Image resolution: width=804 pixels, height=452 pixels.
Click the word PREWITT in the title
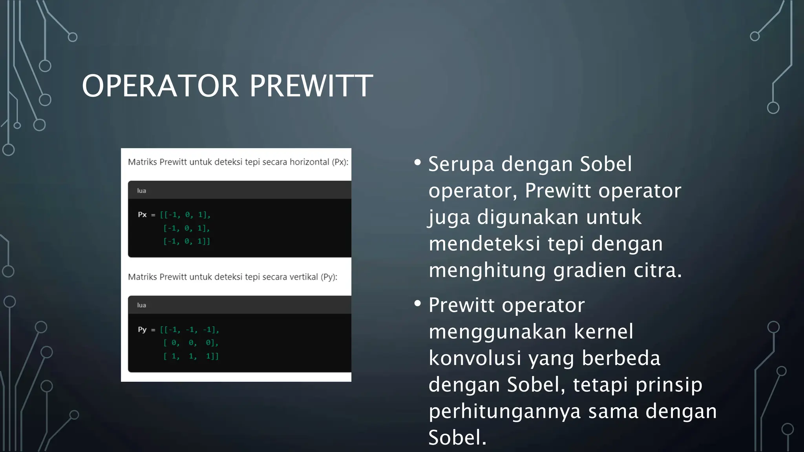tap(311, 86)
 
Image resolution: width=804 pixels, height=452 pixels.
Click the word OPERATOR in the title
tap(160, 86)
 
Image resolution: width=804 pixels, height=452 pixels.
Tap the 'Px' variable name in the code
tap(142, 215)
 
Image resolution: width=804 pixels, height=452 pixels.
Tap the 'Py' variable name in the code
tap(142, 330)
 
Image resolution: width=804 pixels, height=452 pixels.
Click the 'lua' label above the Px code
tap(141, 191)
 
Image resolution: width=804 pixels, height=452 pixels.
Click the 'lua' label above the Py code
tap(141, 305)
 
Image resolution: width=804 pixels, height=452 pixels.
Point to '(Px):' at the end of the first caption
tap(340, 162)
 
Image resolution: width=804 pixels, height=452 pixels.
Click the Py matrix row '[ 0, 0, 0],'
tap(191, 343)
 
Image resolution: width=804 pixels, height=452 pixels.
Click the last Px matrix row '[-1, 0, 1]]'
tap(187, 241)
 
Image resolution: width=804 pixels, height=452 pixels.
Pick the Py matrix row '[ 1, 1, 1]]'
tap(191, 356)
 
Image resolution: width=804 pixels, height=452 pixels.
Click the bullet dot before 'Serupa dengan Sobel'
tap(417, 162)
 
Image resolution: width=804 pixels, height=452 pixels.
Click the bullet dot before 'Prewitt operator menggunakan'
tap(417, 303)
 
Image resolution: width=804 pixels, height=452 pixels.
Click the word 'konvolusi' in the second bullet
tap(475, 358)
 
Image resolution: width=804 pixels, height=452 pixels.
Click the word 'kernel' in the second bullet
tap(603, 332)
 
